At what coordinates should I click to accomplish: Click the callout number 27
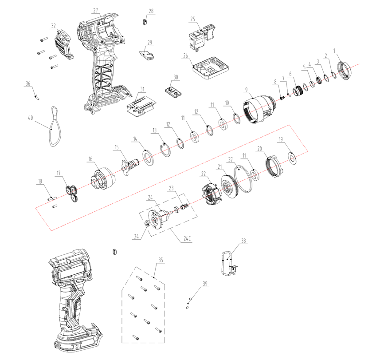(95, 10)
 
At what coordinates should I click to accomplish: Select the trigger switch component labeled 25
(202, 38)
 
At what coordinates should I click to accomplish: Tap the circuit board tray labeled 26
(211, 68)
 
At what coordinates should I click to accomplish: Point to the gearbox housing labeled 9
(259, 109)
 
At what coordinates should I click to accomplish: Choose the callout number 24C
(187, 238)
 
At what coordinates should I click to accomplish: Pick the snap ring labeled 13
(166, 150)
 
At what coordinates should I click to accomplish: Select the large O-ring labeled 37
(243, 179)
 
